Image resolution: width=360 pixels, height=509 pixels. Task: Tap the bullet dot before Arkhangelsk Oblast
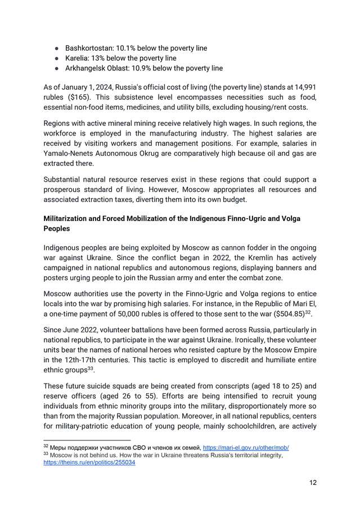click(57, 69)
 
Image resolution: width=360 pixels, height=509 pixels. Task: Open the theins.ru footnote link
click(89, 462)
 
